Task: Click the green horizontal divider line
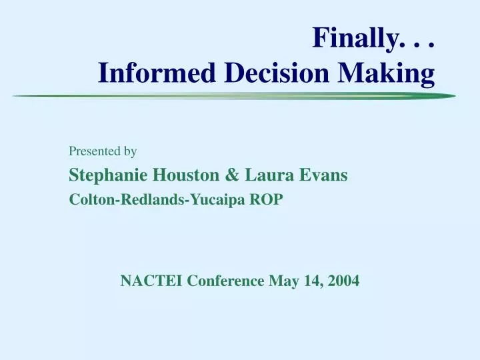coord(233,97)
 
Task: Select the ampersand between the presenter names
coord(233,175)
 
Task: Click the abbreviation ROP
coord(267,199)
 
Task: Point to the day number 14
coord(310,281)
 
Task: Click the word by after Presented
coord(130,151)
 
